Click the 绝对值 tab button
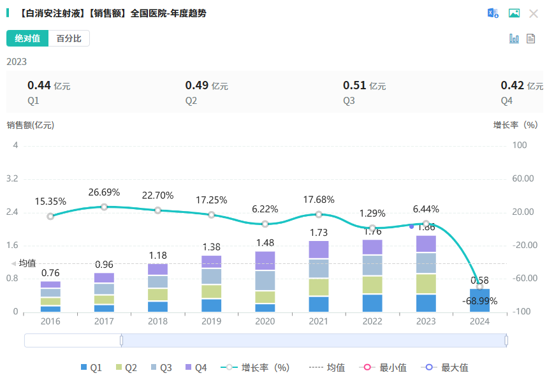point(27,38)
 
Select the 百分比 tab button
point(69,38)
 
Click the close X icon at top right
point(534,13)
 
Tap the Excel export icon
point(493,13)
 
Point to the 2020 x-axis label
point(265,322)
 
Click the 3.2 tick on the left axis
point(11,179)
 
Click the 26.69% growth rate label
point(104,193)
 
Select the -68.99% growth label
point(480,300)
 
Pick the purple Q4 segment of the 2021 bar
point(319,249)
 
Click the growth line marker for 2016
point(50,216)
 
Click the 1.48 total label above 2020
point(265,242)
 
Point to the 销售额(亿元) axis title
point(31,125)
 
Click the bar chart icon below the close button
point(514,39)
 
